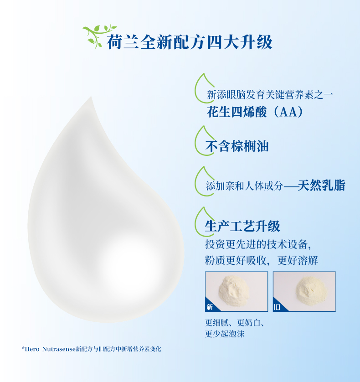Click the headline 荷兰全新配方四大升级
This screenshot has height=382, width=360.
click(190, 42)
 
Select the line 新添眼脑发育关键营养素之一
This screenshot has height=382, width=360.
click(270, 94)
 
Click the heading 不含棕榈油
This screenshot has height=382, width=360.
click(237, 146)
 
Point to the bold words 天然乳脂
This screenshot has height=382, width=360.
click(322, 186)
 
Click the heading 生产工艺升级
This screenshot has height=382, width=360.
click(242, 226)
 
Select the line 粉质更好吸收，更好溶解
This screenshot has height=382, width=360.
click(262, 260)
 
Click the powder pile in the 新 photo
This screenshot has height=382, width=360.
click(234, 290)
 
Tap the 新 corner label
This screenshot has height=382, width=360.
click(210, 307)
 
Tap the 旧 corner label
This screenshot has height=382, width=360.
click(277, 307)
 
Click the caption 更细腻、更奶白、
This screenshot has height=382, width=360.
click(235, 323)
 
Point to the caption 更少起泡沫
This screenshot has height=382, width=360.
click(225, 334)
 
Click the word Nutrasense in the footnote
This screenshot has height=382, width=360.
click(59, 349)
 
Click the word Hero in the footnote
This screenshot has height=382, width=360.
click(32, 349)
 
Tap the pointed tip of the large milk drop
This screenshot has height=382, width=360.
click(91, 97)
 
